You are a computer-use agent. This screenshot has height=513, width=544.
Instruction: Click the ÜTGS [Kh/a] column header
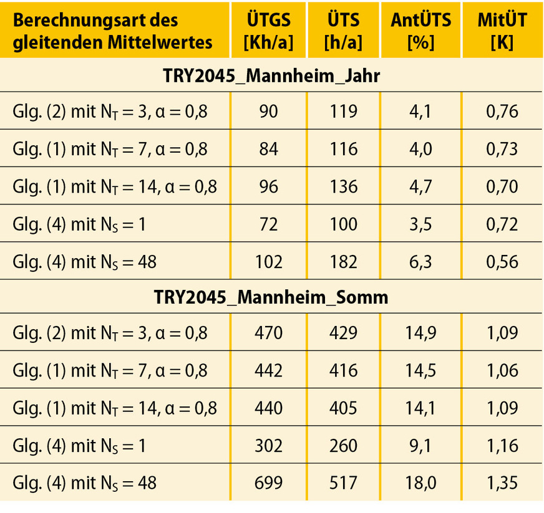(x=268, y=31)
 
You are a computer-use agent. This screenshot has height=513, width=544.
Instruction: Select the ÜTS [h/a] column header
(x=344, y=31)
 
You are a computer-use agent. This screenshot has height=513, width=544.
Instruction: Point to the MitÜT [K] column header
(x=502, y=31)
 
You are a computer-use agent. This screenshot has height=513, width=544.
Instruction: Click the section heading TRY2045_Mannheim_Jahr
(x=271, y=75)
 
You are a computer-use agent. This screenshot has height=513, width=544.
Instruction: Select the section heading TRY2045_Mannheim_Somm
(x=271, y=297)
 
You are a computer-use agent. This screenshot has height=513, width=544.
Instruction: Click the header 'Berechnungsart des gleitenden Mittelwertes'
(x=112, y=31)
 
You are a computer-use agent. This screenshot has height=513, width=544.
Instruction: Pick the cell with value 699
(x=268, y=482)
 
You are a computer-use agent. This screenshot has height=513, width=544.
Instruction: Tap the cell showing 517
(x=344, y=482)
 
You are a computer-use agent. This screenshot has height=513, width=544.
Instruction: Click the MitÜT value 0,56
(x=502, y=261)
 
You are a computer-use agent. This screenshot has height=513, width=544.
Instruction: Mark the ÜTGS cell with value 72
(x=268, y=224)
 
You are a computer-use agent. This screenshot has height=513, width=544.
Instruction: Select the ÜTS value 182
(x=344, y=261)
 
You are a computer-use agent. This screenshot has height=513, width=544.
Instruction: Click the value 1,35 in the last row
(x=502, y=482)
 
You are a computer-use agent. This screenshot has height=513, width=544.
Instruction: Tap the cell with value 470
(x=268, y=333)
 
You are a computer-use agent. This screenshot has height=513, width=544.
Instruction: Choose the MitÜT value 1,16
(x=502, y=445)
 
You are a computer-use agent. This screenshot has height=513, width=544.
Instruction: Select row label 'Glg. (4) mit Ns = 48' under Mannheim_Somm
(x=84, y=482)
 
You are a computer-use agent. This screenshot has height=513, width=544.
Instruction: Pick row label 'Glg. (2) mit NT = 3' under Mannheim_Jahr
(x=109, y=112)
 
